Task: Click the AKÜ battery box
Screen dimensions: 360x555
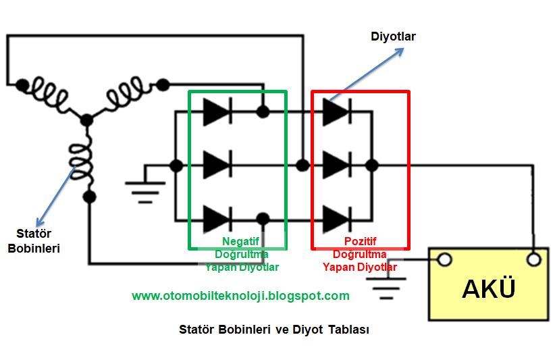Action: [x=489, y=289]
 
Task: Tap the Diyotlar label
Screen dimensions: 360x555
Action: [x=394, y=36]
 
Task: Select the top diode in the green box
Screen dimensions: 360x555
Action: [x=217, y=111]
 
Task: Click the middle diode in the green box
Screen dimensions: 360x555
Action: [x=217, y=165]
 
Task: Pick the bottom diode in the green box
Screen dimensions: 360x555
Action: [x=217, y=218]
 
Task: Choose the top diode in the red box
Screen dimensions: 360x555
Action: [x=336, y=111]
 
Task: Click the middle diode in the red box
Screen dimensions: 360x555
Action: [x=336, y=165]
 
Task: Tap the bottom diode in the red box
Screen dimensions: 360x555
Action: [x=336, y=218]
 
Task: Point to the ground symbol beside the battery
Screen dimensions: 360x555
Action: [x=387, y=288]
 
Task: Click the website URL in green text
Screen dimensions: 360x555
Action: [x=240, y=296]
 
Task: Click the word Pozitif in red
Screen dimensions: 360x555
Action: [x=360, y=242]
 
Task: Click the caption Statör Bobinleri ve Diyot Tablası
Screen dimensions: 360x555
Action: [x=274, y=330]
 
